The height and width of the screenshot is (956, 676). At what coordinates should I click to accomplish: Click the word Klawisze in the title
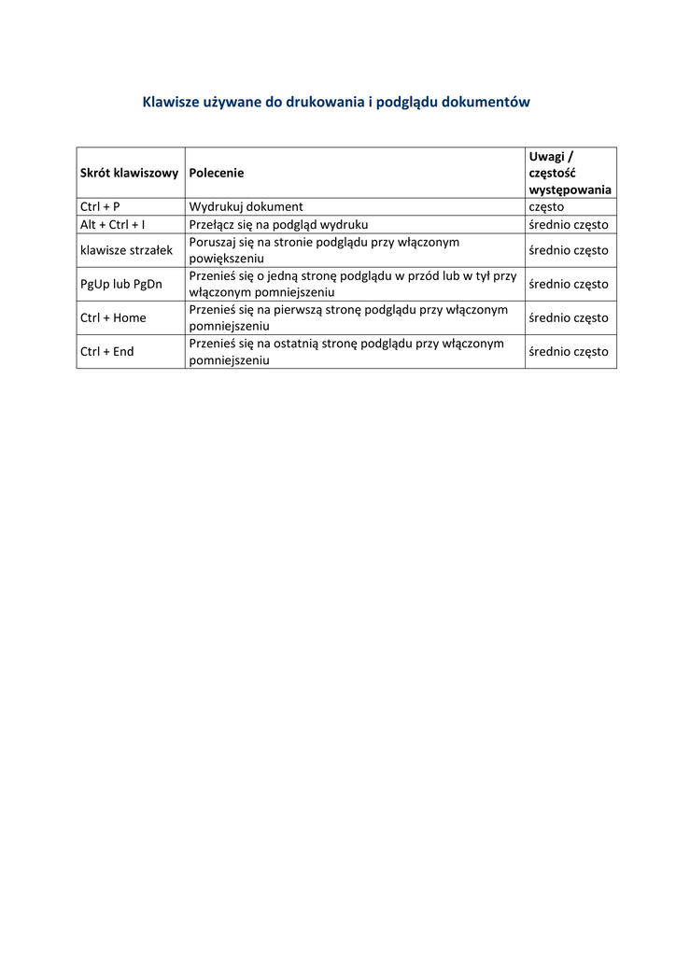coord(170,101)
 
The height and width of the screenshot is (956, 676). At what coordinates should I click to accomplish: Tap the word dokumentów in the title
coord(487,101)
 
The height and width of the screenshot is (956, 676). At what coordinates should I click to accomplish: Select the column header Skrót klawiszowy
coord(129,173)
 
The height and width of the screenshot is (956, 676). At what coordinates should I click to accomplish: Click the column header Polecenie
coord(216,173)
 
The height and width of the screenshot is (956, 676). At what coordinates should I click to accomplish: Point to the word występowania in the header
coord(570,190)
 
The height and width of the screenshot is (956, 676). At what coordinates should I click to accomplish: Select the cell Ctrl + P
coord(100,206)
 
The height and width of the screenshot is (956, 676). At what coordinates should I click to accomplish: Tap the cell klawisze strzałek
coord(127,250)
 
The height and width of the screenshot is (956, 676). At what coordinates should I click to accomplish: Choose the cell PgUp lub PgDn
coord(121,284)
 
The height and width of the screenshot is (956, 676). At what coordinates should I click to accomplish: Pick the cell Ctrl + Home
coord(113,317)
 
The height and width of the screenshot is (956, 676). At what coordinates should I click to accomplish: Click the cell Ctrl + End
coord(106,352)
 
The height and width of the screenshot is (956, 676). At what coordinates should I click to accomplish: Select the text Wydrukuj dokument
coord(246,206)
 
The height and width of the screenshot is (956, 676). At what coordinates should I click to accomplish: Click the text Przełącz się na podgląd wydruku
coord(278,225)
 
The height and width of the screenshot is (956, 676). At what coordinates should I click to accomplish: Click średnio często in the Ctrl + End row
coord(568,352)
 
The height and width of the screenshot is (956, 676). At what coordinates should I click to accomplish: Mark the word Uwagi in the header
coord(546,156)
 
